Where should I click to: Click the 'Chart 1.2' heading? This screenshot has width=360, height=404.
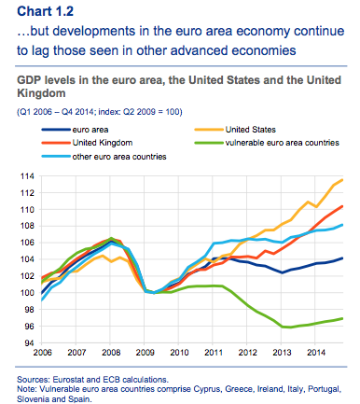pos(46,11)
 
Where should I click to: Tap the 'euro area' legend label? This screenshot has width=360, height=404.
pos(90,130)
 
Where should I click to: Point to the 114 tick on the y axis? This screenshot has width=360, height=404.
pos(27,176)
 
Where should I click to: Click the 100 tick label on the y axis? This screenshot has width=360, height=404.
pos(27,293)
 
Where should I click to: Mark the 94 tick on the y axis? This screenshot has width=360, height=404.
pos(30,343)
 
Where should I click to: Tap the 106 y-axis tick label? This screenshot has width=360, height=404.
pos(27,243)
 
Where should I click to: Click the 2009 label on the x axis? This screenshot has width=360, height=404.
pos(145,353)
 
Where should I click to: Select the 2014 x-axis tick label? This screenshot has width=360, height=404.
pos(316,353)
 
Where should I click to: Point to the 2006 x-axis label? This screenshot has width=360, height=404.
pos(43,353)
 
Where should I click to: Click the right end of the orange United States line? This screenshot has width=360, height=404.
pos(342,180)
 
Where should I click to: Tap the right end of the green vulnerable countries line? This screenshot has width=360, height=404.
pos(342,318)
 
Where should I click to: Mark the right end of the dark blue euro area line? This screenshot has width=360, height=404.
pos(342,258)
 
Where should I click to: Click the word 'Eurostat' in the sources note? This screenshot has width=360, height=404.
pos(68,380)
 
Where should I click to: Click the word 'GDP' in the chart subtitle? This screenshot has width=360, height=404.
pos(29,80)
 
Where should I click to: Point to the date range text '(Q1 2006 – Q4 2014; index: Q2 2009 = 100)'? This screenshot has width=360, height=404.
pos(100,112)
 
